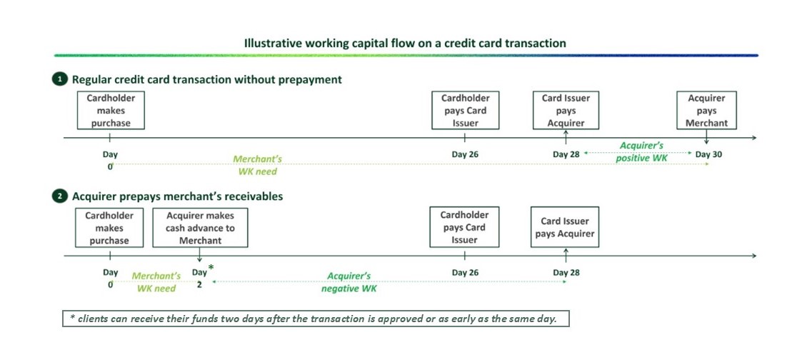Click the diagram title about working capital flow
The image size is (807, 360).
point(404,44)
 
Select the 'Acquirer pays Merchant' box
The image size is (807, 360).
point(706,110)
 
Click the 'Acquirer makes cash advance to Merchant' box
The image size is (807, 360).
point(200,228)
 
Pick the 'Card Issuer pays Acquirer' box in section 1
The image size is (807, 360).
point(566,110)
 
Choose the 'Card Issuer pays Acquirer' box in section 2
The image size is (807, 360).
point(564,228)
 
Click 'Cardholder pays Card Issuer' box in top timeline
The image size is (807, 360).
point(465,110)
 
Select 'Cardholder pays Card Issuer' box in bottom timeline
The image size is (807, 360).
point(464,227)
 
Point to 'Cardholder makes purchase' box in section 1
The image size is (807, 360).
point(110,110)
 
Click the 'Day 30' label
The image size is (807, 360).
point(708,154)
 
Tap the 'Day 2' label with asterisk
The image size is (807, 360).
point(200,277)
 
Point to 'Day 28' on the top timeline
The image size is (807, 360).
point(566,154)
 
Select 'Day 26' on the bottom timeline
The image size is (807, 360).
point(465,272)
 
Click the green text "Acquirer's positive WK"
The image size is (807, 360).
point(641,151)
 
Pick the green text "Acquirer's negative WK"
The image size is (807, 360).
point(349,282)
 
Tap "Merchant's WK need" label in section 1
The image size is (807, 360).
point(256,166)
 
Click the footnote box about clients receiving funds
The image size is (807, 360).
point(315,319)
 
